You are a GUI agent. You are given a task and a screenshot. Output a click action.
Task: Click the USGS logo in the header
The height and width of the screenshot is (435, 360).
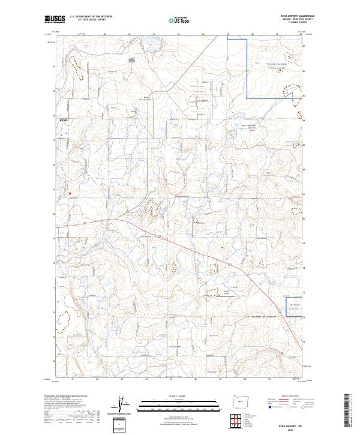pyautogui.click(x=55, y=19)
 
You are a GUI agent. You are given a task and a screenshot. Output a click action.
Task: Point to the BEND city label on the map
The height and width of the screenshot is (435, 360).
pyautogui.click(x=64, y=120)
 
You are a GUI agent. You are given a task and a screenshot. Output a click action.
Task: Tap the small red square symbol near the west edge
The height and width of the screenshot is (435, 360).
pyautogui.click(x=70, y=193)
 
